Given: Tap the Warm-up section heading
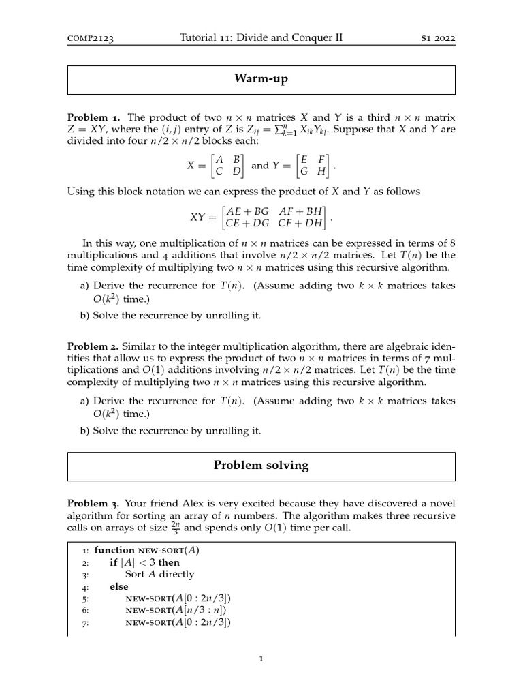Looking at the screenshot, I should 261,80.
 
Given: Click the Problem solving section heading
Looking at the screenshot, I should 261,466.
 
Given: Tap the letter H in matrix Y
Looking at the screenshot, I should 321,171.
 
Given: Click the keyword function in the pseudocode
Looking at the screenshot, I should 115,551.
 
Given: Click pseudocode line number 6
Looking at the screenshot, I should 85,610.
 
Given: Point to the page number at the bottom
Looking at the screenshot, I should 261,659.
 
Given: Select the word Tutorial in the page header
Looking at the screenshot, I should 197,38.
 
